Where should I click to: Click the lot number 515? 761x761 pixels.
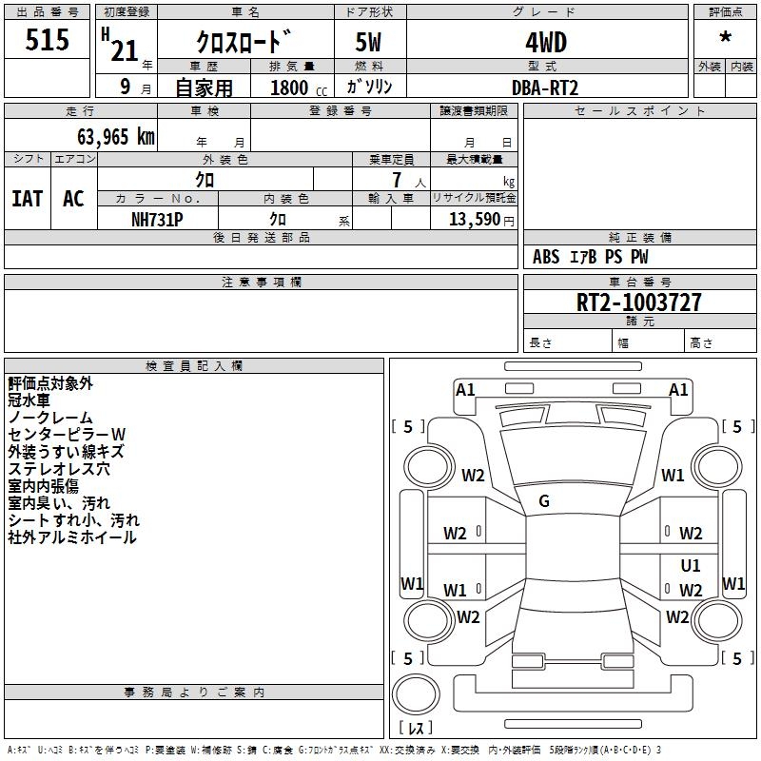coord(47,39)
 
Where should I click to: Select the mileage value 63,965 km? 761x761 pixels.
coord(116,137)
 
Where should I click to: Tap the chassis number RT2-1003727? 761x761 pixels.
coord(638,302)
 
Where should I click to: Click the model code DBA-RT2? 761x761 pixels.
coord(545,88)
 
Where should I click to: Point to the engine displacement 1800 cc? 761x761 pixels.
coord(299,88)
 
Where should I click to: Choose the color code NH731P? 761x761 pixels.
coord(157,220)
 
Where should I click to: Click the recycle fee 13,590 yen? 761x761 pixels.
coord(481,220)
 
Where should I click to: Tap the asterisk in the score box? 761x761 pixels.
coord(725,37)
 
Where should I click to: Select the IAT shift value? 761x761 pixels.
coord(28,199)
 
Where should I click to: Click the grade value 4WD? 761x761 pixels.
coord(546,42)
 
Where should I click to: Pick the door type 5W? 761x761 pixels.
coord(368,42)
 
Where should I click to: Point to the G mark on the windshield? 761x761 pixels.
coord(544,501)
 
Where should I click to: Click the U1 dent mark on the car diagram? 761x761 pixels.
coord(691,565)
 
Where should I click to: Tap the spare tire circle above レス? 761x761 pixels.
coord(416,693)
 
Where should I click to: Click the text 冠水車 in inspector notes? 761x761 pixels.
coord(29,400)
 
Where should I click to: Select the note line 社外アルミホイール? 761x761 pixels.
coord(72,537)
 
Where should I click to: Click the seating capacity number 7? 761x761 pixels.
coord(397,180)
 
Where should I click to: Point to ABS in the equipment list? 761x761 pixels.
coord(546,257)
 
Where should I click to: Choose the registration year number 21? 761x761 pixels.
coord(125,50)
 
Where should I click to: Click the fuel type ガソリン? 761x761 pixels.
coord(369,88)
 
